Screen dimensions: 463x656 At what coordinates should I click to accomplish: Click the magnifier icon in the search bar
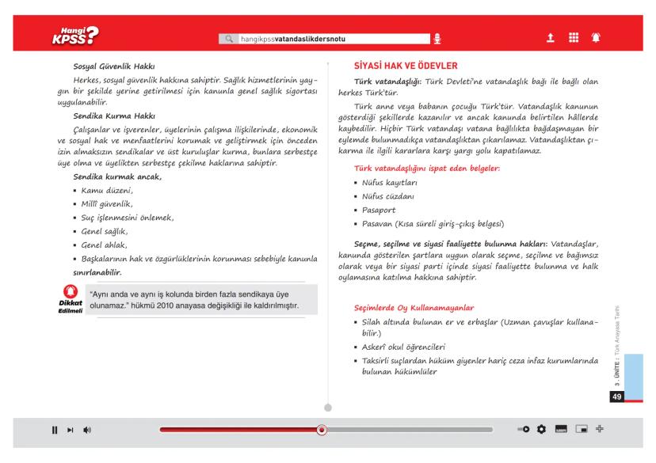231,38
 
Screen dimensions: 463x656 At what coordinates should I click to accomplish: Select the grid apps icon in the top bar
571,37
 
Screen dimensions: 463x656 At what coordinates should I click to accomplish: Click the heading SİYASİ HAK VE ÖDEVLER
404,66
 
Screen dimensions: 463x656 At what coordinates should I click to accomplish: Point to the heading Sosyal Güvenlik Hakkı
113,67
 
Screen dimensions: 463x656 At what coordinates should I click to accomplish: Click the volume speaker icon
86,430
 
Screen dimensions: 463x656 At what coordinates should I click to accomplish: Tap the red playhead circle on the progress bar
321,430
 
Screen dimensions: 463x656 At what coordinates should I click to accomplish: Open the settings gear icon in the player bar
541,429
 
